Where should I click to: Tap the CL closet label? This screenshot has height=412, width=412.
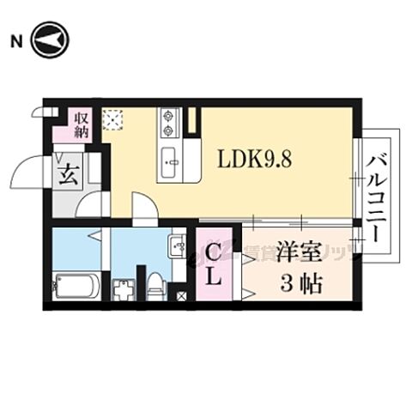[215, 264]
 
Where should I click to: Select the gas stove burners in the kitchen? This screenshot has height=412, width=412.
[167, 122]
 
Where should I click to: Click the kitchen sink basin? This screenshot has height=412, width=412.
[168, 159]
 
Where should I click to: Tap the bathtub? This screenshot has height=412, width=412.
[76, 284]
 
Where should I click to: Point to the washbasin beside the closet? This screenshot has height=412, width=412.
[179, 247]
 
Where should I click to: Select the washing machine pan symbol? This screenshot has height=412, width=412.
[124, 288]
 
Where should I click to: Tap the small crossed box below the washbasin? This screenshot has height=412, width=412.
[181, 296]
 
